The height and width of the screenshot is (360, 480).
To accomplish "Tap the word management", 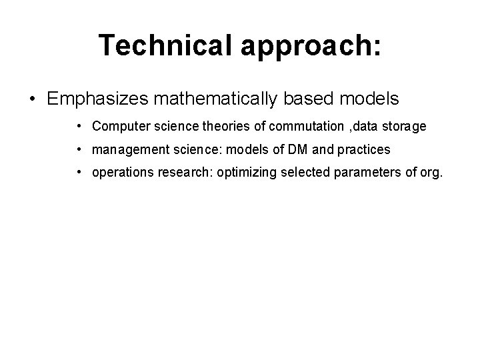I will point(124,149).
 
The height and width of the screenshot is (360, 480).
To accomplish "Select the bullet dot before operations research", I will point(79,173).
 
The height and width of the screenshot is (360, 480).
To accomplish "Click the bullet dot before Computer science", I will point(79,126).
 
